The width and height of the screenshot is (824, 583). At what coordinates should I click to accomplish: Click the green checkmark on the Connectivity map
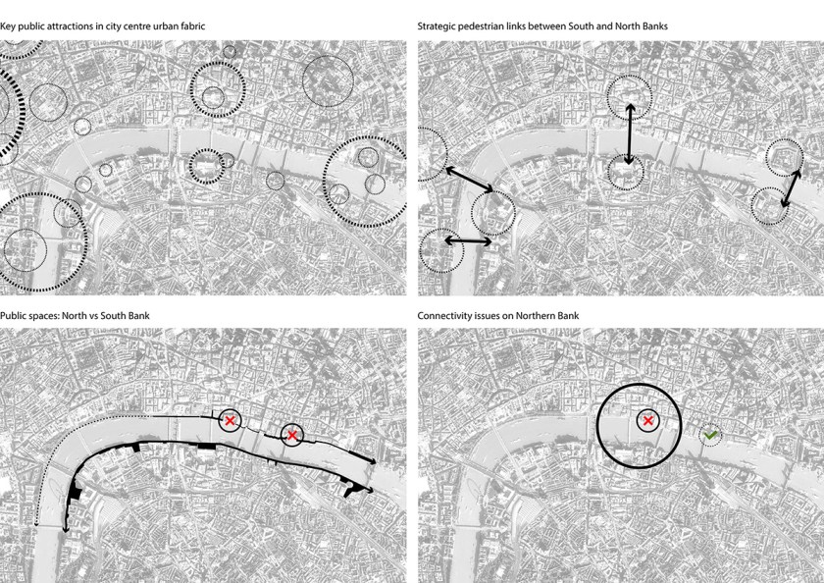(x=710, y=435)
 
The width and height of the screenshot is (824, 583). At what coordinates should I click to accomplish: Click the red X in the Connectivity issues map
(x=648, y=420)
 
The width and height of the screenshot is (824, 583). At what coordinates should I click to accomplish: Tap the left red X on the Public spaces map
(x=230, y=420)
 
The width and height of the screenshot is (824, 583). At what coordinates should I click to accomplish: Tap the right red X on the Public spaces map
(x=292, y=435)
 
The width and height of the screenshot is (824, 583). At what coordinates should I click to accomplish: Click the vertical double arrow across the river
(x=630, y=134)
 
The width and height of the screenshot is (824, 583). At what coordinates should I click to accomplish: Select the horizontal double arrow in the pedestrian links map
(x=468, y=240)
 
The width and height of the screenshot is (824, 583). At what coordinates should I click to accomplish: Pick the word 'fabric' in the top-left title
(x=193, y=26)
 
